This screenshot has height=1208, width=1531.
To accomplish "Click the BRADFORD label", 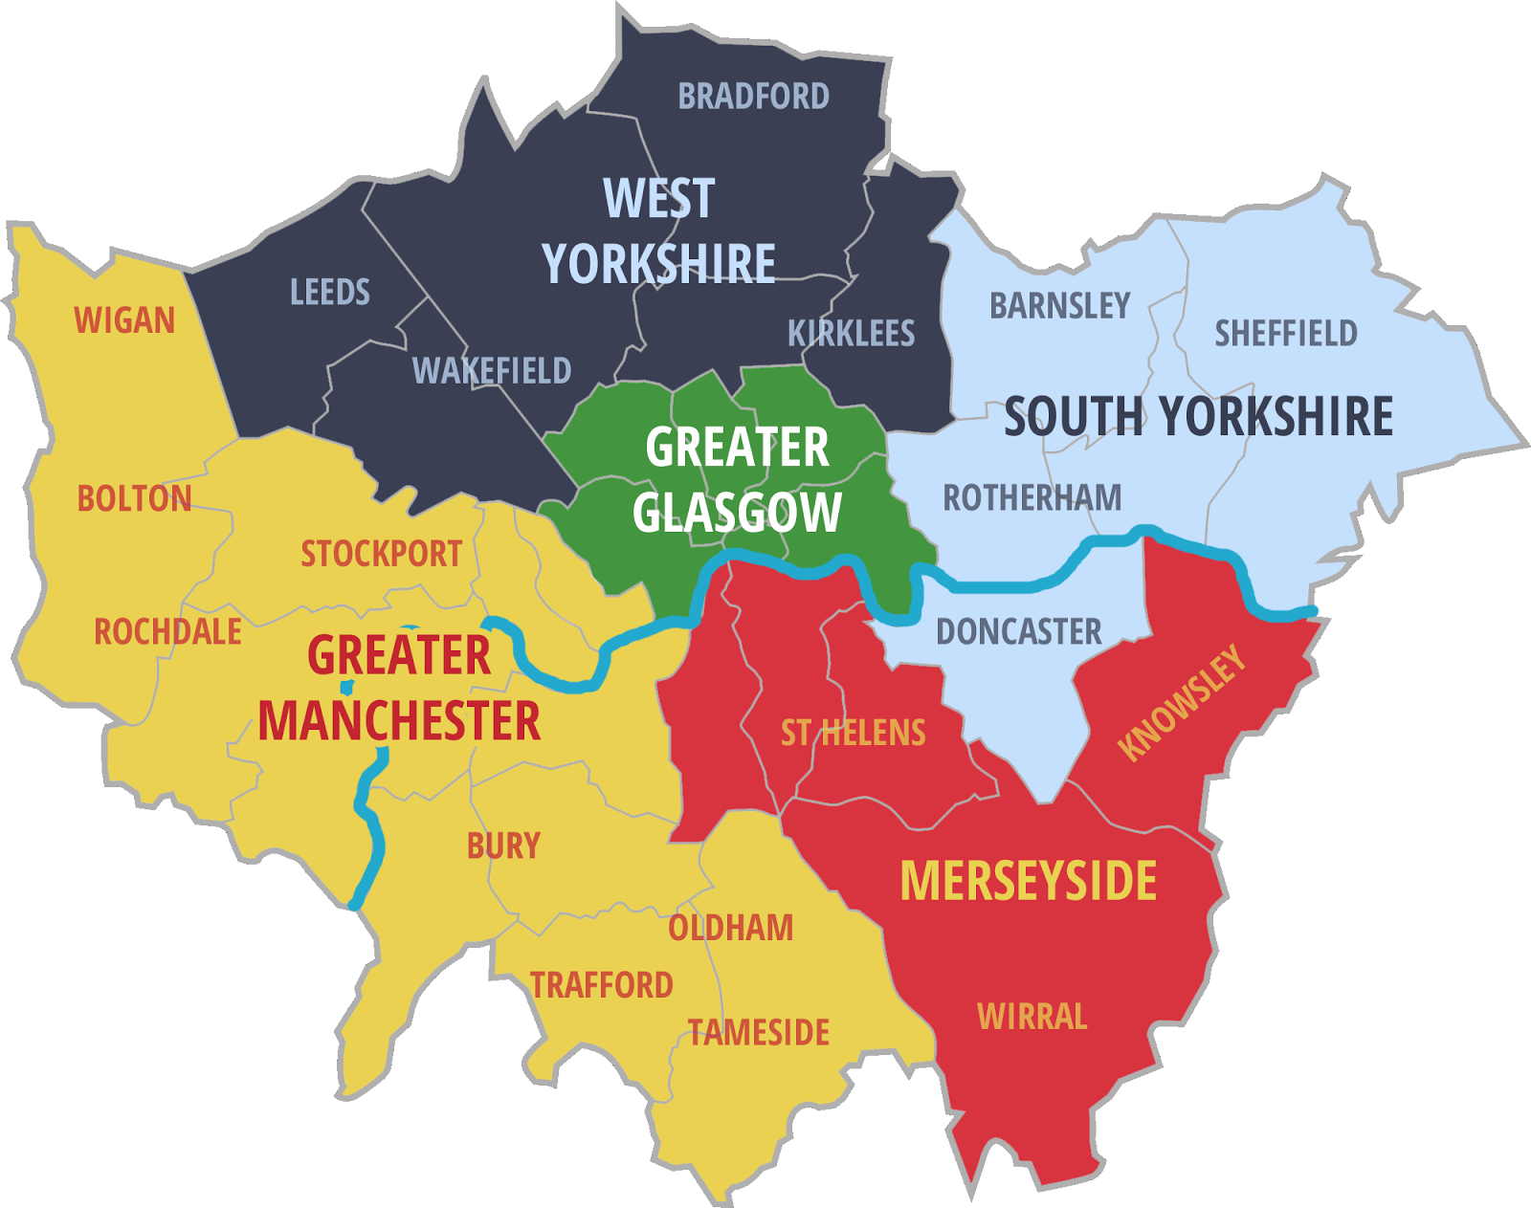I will coord(753,97).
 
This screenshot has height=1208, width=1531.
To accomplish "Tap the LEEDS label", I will coord(330,292).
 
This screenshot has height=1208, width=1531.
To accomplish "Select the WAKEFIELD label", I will coord(492,370).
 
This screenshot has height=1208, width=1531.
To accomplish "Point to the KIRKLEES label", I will coord(851,333).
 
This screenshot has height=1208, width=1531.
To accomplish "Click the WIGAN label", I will coord(124,320).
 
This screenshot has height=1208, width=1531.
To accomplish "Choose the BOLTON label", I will coord(134,498).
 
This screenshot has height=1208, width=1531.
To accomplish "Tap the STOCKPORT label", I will coord(382,554).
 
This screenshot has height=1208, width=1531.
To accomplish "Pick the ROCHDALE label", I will coord(167,632).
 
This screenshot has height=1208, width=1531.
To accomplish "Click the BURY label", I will coord(503,846).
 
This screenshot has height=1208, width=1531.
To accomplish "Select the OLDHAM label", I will coord(730,928).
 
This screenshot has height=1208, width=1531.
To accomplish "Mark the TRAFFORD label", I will coord(602,985).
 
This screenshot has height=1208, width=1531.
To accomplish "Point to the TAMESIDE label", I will coord(759,1033).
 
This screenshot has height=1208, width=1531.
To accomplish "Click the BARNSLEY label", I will coord(1059,306).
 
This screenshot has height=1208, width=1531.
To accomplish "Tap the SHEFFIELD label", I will coord(1286,334).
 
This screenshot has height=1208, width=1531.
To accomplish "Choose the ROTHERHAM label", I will coord(1032,498).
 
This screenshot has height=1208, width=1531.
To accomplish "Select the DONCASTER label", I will coord(1018,632).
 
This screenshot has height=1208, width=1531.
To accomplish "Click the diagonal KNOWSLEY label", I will coord(1183,703).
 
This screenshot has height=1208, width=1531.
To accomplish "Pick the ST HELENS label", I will coord(853,734).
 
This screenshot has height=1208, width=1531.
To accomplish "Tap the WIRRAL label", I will coord(1032,1016).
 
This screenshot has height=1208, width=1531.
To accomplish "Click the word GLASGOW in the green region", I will coord(737,514).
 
